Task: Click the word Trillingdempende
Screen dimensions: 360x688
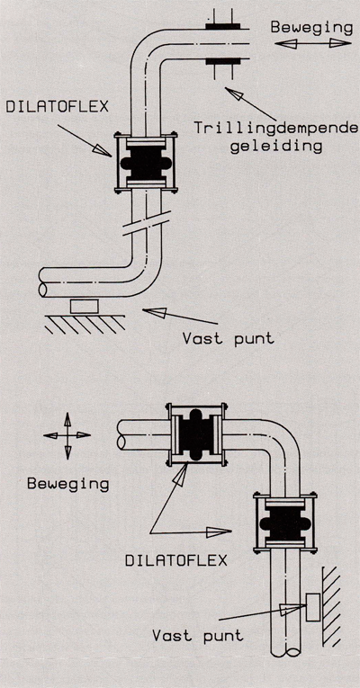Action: tap(275, 128)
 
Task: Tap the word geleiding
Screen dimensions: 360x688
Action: tap(276, 146)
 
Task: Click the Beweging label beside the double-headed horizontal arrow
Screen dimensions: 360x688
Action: tap(311, 28)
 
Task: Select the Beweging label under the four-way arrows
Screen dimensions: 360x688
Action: tap(67, 484)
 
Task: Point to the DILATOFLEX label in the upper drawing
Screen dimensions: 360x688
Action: tap(57, 107)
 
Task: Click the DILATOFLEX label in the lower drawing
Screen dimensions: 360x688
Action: tap(176, 560)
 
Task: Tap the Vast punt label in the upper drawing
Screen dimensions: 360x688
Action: tap(228, 339)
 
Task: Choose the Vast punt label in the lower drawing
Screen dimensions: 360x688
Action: tap(197, 635)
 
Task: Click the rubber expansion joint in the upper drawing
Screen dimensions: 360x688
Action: tap(146, 163)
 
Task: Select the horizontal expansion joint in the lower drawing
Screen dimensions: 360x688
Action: tap(198, 434)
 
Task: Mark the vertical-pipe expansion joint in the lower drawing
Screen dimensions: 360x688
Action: tap(285, 523)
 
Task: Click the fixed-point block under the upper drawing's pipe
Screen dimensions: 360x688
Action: tap(85, 306)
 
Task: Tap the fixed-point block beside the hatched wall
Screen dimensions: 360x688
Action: tap(313, 607)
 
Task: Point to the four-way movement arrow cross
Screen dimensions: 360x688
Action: tap(67, 435)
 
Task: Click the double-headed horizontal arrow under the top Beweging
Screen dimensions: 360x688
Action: tap(313, 43)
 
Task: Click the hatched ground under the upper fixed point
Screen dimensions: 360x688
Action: tap(85, 324)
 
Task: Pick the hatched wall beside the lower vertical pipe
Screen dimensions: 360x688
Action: tap(331, 606)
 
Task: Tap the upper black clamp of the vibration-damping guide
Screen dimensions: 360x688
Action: tap(223, 26)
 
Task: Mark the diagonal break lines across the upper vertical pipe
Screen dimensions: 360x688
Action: tap(146, 223)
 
